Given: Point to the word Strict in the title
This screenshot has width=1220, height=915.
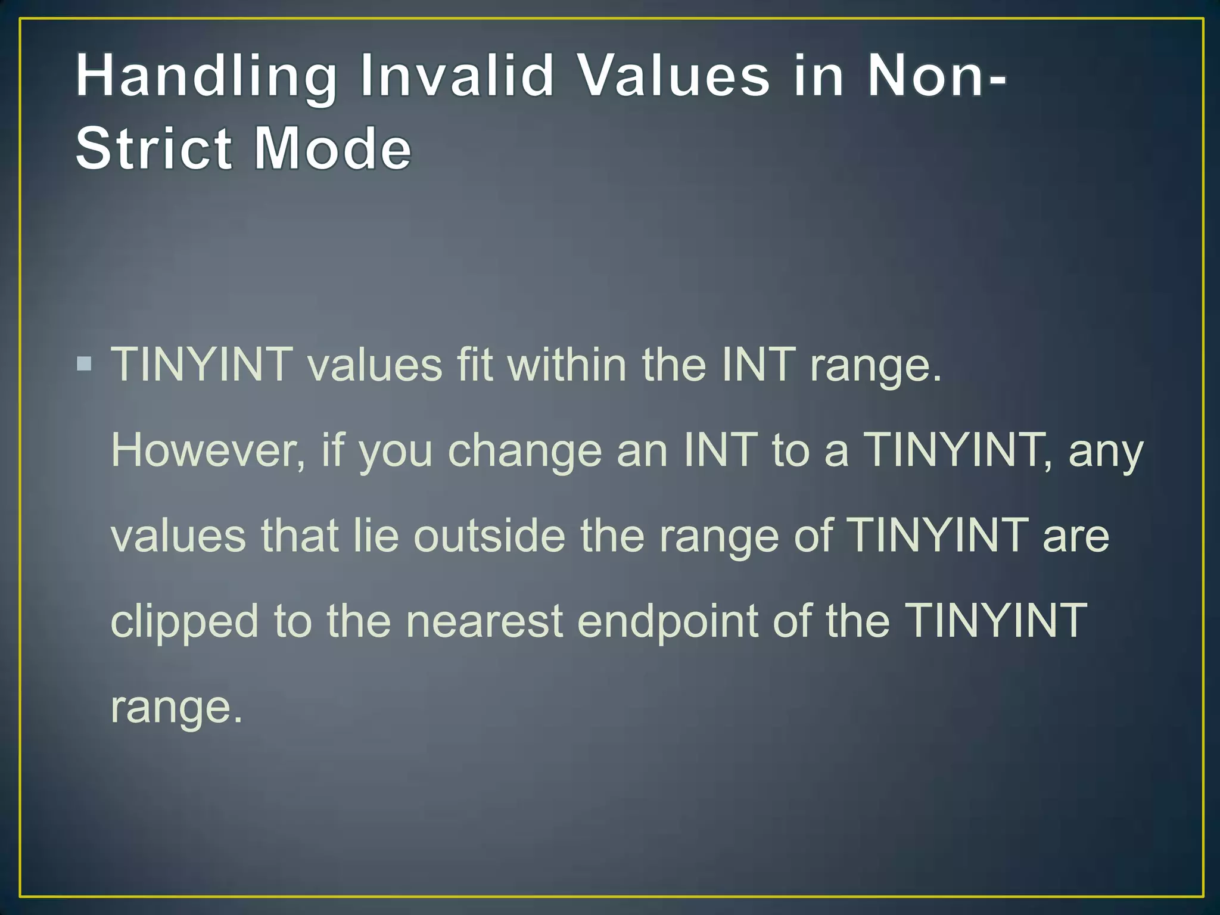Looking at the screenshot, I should click(x=154, y=148).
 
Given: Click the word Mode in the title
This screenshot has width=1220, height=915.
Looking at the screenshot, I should click(x=332, y=148).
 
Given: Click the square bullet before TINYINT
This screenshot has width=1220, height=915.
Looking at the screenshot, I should click(x=85, y=363).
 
